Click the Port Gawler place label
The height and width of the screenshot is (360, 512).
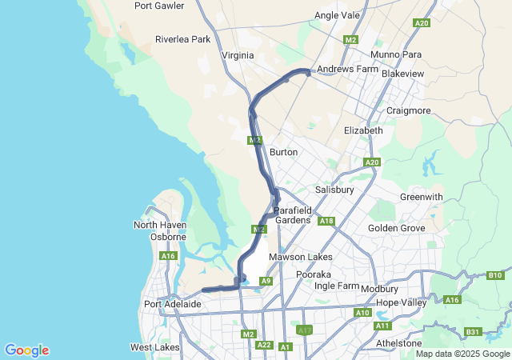tap(159, 6)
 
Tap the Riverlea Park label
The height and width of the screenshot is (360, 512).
tap(182, 39)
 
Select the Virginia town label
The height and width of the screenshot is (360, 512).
tap(238, 55)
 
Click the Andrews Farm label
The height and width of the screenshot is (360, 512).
tap(347, 70)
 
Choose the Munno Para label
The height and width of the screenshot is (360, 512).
tap(395, 54)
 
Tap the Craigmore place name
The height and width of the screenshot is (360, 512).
tap(408, 110)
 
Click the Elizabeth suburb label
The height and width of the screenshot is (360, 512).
tap(363, 130)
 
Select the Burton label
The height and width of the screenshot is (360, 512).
tap(284, 152)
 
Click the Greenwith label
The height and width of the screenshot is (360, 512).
tap(421, 197)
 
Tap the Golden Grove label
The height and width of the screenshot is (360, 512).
tap(397, 228)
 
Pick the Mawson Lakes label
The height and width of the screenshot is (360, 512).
tap(300, 257)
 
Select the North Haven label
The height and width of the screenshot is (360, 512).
tap(160, 226)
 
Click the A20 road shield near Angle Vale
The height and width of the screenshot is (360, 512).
tap(422, 23)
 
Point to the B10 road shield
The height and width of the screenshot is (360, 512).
tap(494, 276)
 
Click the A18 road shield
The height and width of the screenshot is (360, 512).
tap(326, 221)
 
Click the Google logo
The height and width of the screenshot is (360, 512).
tap(26, 350)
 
